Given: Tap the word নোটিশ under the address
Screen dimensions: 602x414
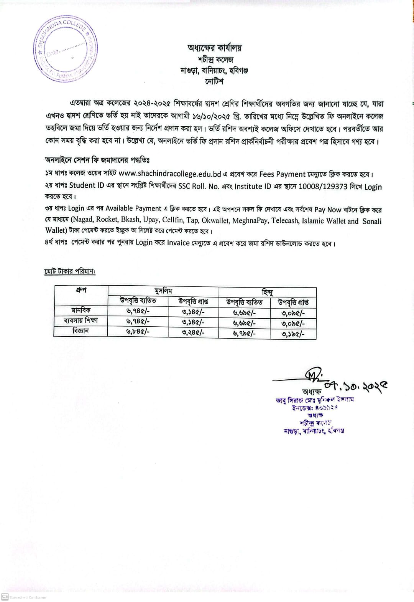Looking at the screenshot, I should (x=214, y=81).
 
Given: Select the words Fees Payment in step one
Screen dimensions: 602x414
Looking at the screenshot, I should (x=282, y=174).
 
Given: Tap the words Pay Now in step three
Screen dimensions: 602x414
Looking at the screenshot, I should (x=328, y=210).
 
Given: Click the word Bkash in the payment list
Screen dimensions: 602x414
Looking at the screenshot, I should (x=131, y=221).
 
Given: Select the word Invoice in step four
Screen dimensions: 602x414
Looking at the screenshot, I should (x=178, y=243).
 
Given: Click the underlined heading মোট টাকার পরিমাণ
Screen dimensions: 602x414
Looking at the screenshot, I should (x=69, y=271).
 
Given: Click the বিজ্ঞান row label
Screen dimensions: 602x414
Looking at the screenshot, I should (x=80, y=331).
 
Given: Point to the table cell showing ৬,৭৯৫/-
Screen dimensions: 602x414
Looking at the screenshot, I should (x=244, y=333).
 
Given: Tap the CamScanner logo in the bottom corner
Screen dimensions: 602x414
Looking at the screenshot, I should (x=5, y=597).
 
